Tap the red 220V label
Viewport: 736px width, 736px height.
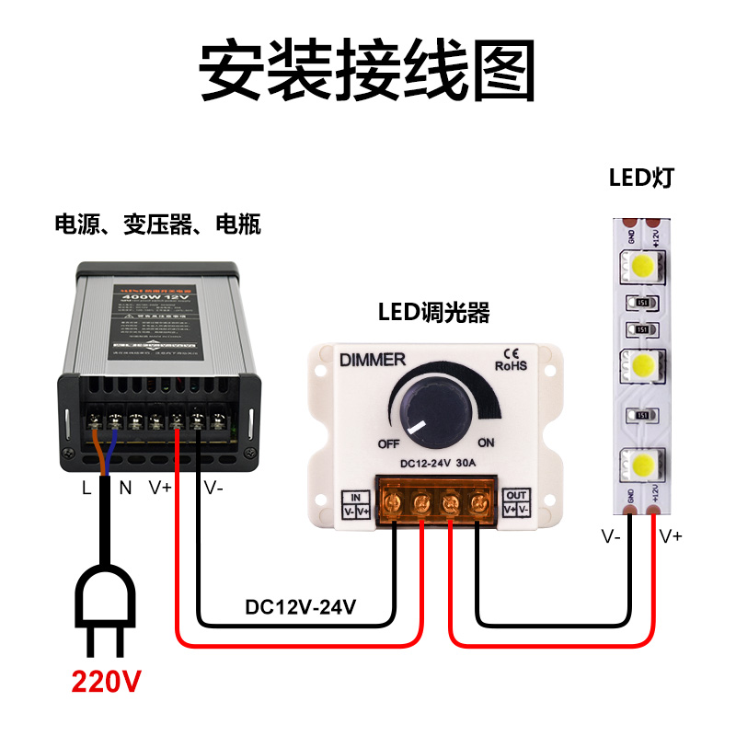(x=107, y=682)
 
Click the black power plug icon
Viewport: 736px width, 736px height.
(x=108, y=607)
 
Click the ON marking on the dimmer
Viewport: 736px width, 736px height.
(x=486, y=443)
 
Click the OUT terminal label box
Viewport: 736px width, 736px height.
(x=517, y=502)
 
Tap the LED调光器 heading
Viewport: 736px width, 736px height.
(x=433, y=312)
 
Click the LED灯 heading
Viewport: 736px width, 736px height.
(x=641, y=177)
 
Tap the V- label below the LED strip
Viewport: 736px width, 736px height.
(x=612, y=536)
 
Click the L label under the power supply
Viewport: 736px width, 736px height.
(x=86, y=489)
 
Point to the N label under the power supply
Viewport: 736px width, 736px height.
(x=126, y=489)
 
